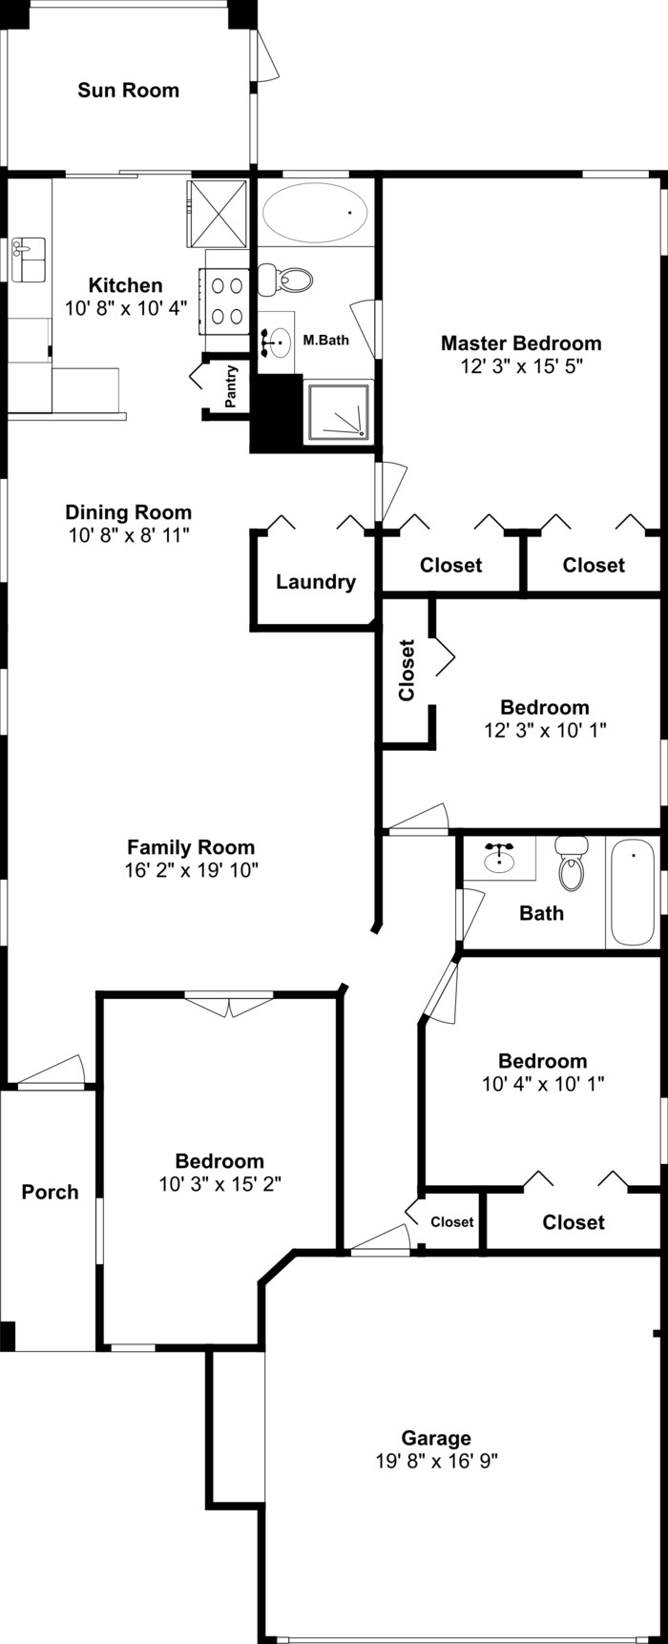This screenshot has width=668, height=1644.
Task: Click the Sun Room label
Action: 128,91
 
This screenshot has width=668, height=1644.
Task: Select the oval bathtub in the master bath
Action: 317,213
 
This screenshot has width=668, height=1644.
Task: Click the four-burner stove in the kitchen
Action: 226,300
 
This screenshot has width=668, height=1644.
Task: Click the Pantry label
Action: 230,386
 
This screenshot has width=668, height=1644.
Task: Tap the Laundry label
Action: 316,582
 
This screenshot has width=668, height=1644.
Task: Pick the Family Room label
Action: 191,846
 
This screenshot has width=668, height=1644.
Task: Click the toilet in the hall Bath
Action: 572,863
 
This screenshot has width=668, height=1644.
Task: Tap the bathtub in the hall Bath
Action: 633,893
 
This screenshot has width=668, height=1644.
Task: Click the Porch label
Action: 50,1192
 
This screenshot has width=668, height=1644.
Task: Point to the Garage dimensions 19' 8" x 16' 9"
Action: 436,1460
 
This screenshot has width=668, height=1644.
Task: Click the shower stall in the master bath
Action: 338,412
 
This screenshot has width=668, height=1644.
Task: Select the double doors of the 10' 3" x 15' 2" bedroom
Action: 229,1006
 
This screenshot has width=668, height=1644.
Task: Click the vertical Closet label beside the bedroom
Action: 407,670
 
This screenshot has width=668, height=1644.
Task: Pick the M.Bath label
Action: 325,339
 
